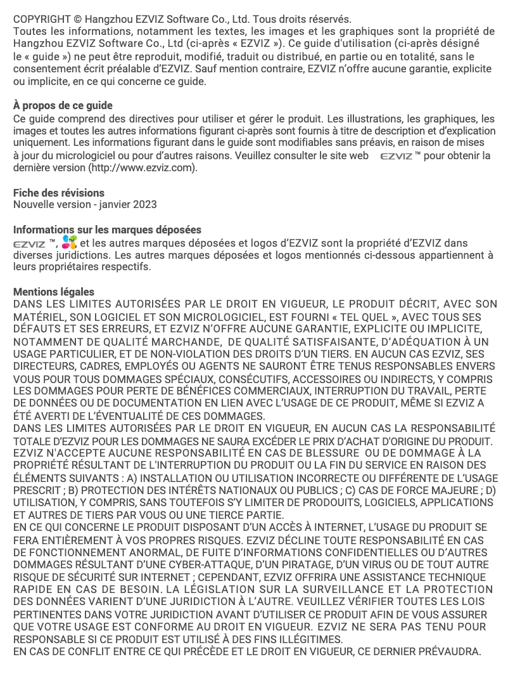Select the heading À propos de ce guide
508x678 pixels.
click(63, 106)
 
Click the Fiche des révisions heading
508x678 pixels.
click(59, 193)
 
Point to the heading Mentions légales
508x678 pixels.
click(54, 292)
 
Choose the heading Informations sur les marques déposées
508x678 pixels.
click(108, 230)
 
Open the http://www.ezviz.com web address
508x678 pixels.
click(143, 168)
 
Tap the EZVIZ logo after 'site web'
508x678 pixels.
click(396, 156)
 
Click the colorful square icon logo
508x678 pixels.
click(70, 242)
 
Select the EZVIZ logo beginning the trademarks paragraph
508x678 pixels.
click(29, 243)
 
